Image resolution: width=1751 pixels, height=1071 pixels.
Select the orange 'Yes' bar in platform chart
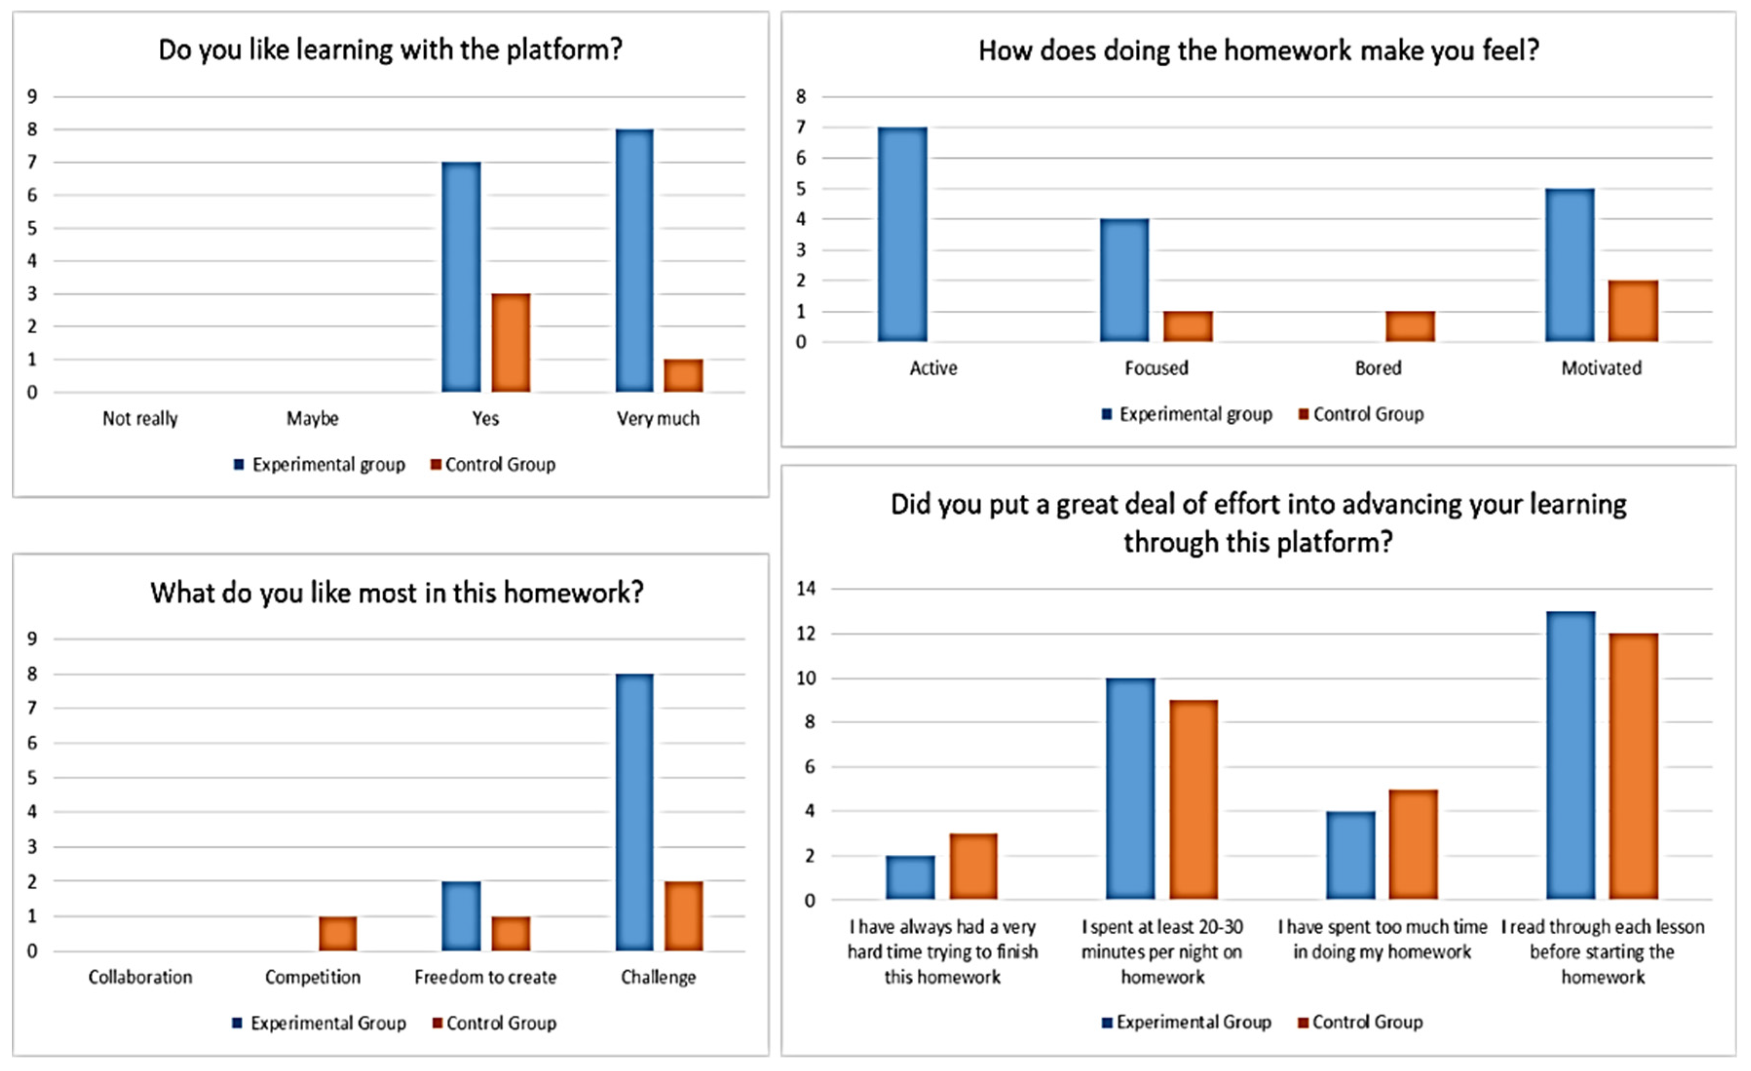pos(511,342)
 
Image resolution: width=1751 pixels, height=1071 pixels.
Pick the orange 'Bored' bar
pos(1410,326)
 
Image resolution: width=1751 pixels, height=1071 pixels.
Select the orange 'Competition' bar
pos(338,933)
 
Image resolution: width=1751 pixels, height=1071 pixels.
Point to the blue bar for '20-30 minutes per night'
pos(1130,789)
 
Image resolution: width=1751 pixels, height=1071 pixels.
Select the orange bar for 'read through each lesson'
pos(1633,766)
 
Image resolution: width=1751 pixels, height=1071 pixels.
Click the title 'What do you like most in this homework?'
pos(396,592)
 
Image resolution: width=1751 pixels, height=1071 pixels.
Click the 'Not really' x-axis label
pos(140,418)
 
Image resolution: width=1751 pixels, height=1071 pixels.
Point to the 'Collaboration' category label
pos(140,977)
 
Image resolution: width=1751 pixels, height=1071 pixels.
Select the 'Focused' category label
pos(1156,368)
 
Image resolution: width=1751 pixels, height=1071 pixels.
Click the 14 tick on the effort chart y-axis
pos(806,588)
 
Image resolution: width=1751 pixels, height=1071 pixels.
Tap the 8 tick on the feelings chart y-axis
pos(801,96)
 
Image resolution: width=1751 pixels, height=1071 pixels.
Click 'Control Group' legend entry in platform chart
pos(500,465)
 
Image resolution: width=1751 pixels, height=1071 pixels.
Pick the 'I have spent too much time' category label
pos(1382,939)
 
